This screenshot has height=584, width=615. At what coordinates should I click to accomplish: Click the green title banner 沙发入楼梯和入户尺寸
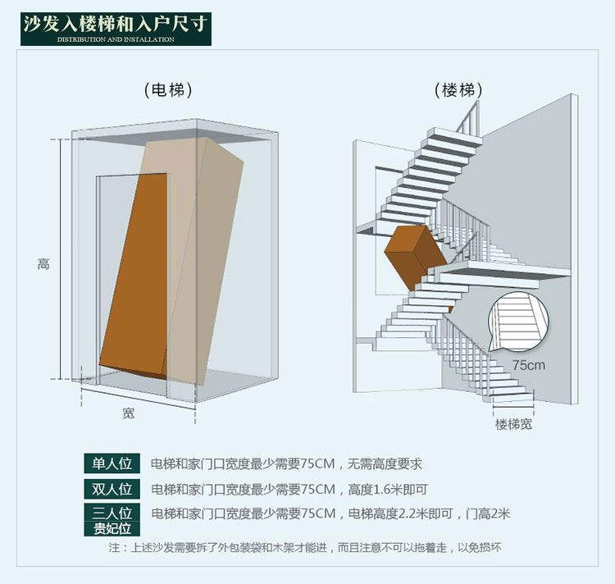116,29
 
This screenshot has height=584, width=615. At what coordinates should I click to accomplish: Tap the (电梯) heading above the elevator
168,90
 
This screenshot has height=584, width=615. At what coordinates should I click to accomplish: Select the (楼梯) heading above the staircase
458,90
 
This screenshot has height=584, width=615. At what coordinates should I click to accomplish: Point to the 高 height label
43,264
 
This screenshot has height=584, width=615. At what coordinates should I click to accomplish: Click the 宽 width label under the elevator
128,413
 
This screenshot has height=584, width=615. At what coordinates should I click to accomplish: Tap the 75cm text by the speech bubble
529,365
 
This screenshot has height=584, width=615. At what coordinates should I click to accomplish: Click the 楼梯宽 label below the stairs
513,424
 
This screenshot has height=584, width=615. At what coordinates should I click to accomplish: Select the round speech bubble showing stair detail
517,322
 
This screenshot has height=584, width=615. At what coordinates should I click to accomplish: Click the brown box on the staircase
416,258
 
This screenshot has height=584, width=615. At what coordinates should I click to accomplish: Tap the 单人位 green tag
112,463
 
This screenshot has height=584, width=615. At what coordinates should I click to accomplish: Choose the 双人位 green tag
112,489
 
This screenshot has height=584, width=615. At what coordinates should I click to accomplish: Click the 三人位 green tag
112,513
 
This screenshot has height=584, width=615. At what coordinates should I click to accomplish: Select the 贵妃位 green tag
112,529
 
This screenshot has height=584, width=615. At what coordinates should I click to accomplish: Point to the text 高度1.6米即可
388,490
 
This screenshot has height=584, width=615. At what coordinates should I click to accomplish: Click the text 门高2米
488,513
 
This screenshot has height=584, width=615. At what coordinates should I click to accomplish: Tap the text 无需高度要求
385,464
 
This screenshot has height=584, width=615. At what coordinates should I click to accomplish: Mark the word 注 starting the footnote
114,548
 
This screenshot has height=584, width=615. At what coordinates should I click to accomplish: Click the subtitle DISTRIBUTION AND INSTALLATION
116,39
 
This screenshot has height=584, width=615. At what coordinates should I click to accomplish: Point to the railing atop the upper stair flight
468,117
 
